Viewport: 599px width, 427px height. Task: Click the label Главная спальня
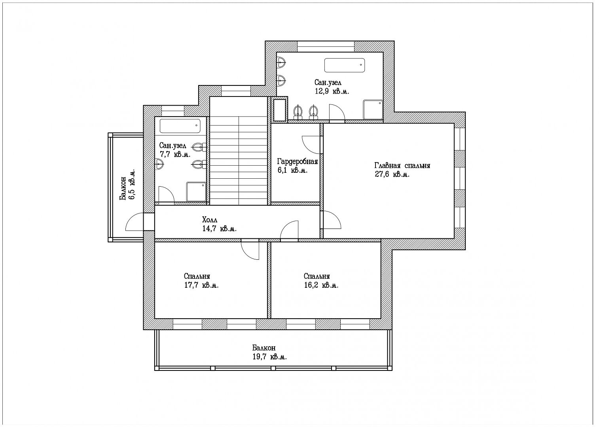(x=402, y=166)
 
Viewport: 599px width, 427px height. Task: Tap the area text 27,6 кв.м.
(x=392, y=174)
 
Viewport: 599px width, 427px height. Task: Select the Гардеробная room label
(x=298, y=162)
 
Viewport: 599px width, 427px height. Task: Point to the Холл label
(x=210, y=220)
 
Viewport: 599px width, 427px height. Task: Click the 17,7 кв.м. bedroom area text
(x=201, y=285)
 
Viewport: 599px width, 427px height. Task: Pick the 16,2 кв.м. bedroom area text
(x=321, y=285)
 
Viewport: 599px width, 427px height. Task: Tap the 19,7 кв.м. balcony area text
(x=269, y=357)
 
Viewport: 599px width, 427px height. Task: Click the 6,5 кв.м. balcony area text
(x=132, y=184)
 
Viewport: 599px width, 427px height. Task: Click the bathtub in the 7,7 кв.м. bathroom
(x=180, y=126)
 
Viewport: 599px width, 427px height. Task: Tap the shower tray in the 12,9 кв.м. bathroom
(x=373, y=110)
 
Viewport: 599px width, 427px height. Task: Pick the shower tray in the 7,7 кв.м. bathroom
(x=196, y=192)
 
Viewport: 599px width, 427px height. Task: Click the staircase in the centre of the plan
(x=239, y=151)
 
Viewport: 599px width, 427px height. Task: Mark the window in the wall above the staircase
(x=236, y=91)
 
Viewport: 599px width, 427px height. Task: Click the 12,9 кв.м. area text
(x=332, y=91)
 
